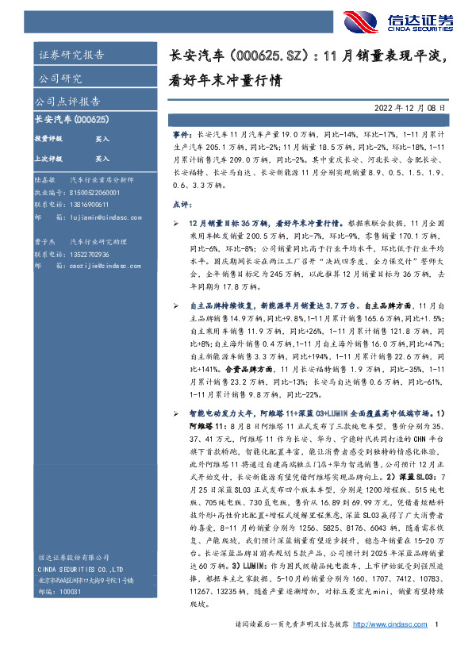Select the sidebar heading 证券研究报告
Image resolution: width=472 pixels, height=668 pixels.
[71, 56]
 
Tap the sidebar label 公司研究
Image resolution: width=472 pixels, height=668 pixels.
[59, 79]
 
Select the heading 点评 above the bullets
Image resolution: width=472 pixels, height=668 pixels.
[182, 205]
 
